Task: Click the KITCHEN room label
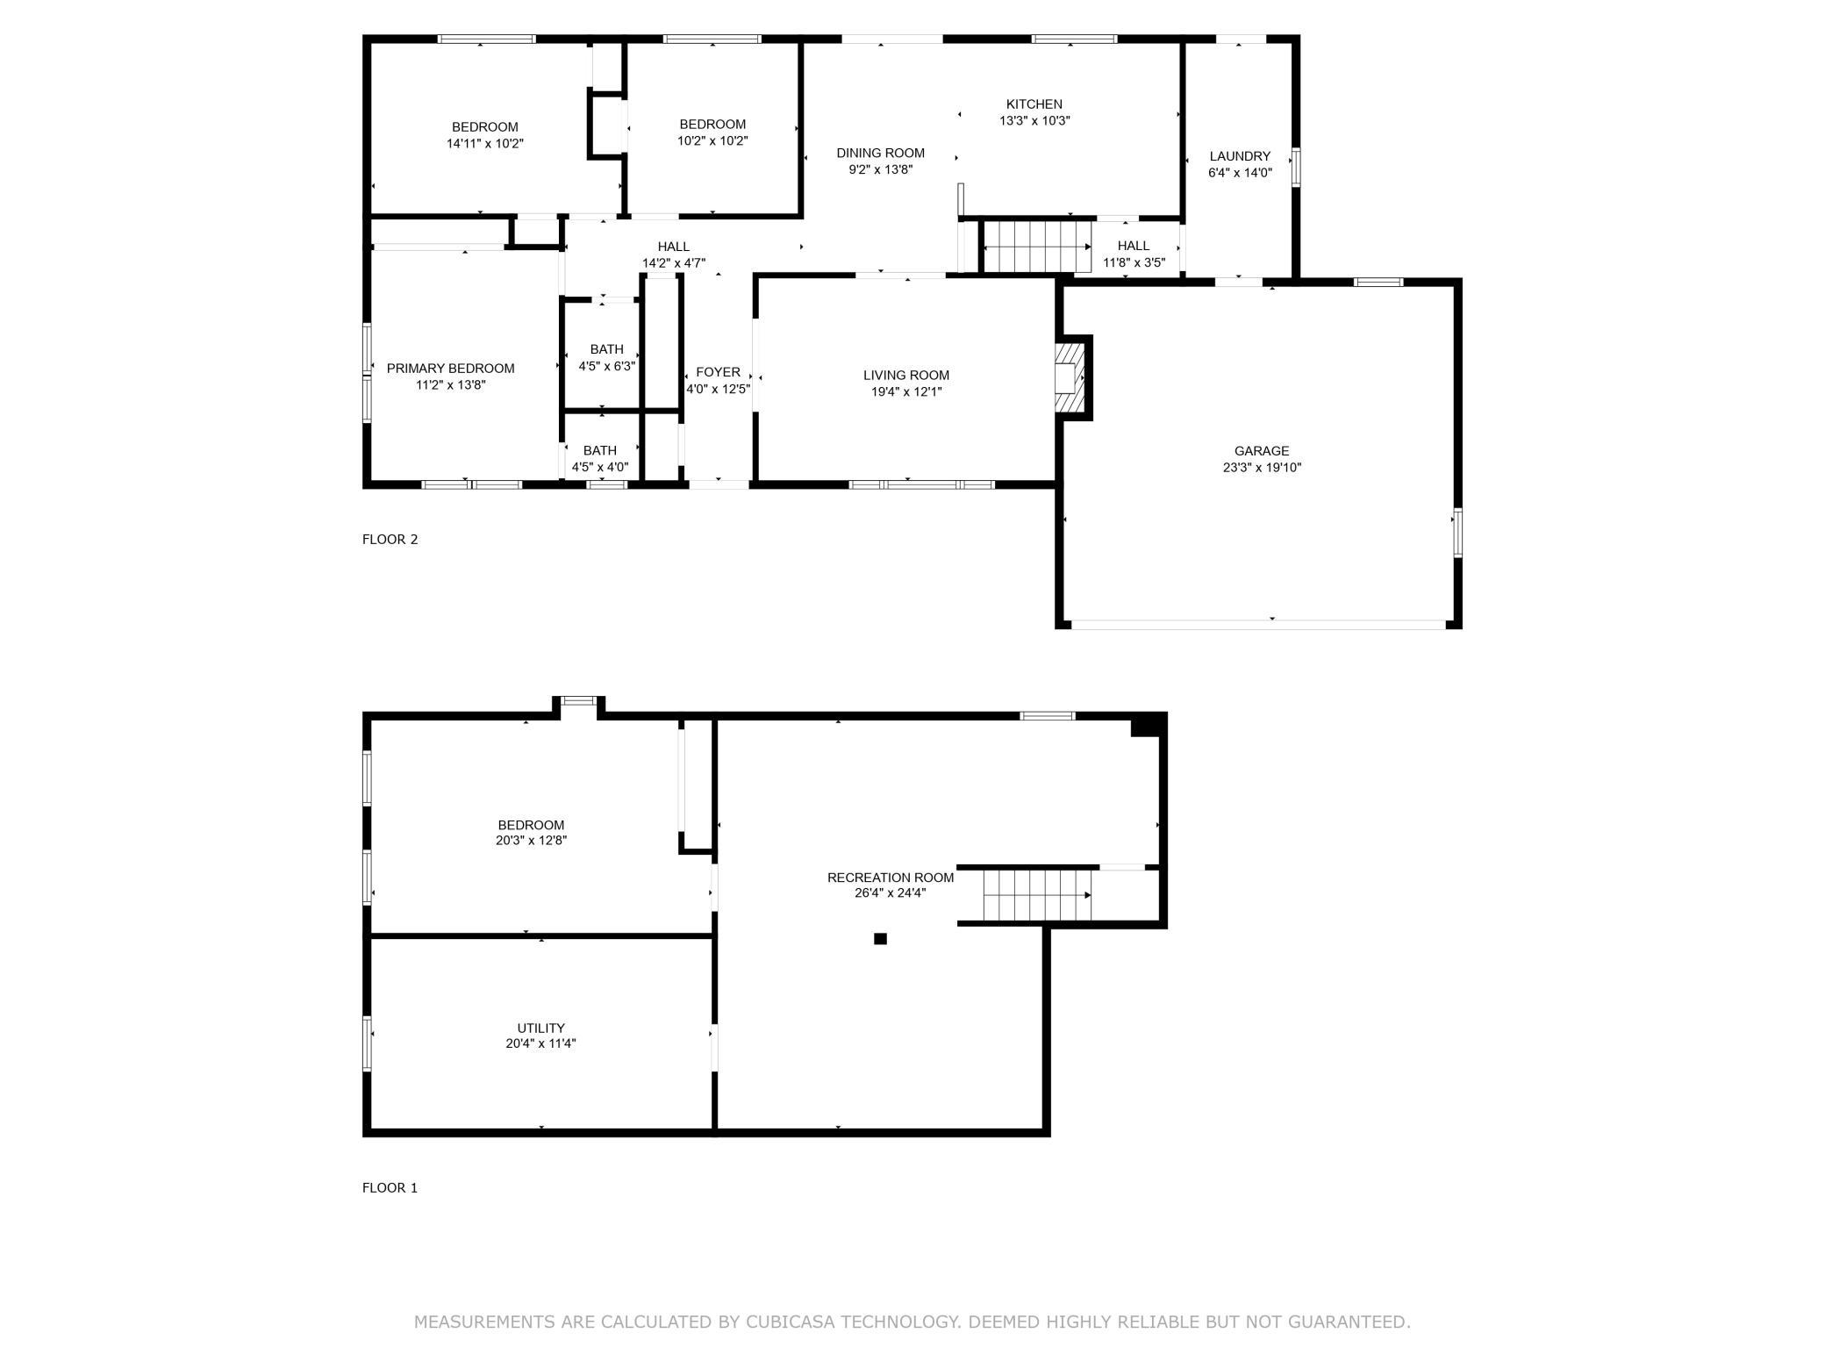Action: coord(1034,104)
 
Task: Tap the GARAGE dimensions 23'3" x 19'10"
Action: coord(1262,468)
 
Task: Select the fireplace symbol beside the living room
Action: coord(1068,377)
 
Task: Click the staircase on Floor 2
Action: coord(1035,247)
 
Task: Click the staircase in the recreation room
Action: coord(1036,895)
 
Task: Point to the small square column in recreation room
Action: coord(880,938)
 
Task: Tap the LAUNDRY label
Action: coord(1239,156)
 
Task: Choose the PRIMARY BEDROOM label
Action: coord(450,369)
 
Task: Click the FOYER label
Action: coord(718,372)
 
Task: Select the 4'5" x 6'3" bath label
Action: coord(606,366)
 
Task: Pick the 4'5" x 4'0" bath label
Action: coord(600,467)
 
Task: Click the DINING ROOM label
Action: coord(880,154)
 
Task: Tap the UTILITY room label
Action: coord(540,1028)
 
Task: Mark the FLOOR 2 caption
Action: coord(390,539)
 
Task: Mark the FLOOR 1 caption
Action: coord(390,1187)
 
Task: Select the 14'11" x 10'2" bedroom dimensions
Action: coord(484,143)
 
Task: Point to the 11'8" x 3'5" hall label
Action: coord(1134,262)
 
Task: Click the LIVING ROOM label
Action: coord(905,376)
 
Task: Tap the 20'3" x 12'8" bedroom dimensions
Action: coord(531,840)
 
